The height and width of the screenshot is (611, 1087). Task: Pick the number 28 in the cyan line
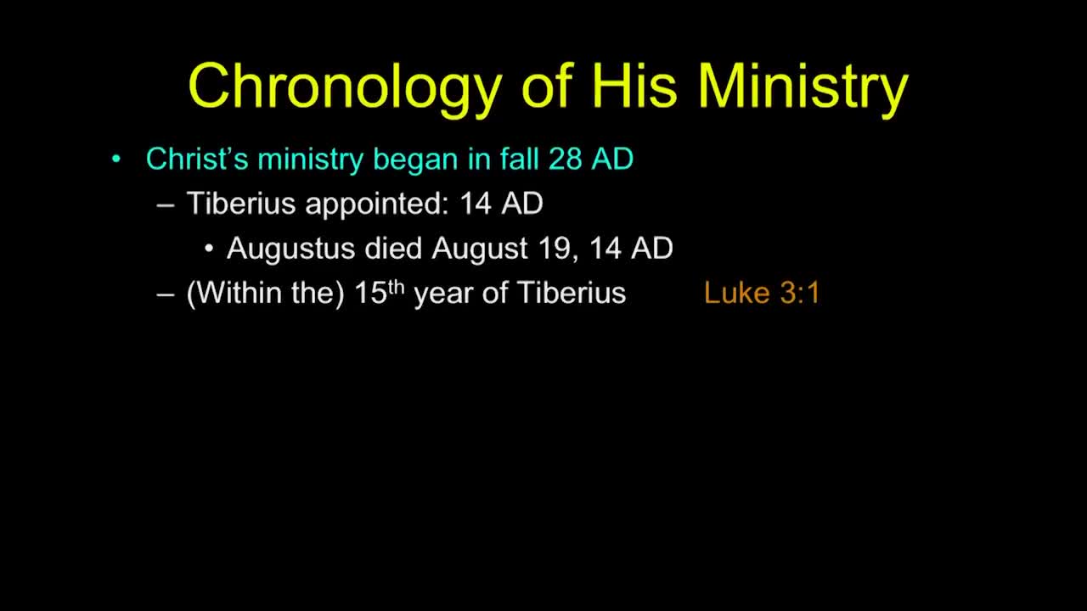point(566,159)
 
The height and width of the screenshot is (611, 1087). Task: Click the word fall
point(519,158)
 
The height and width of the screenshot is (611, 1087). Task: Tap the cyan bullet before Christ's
point(115,159)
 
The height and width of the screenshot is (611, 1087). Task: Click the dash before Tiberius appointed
point(166,205)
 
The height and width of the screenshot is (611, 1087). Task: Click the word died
point(393,248)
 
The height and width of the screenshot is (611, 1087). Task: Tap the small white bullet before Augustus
point(209,249)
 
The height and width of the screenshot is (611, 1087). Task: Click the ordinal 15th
point(379,292)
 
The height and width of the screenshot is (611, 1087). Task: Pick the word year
point(443,294)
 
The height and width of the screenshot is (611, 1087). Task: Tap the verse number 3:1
point(800,293)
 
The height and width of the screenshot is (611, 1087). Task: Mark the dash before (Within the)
point(166,295)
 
